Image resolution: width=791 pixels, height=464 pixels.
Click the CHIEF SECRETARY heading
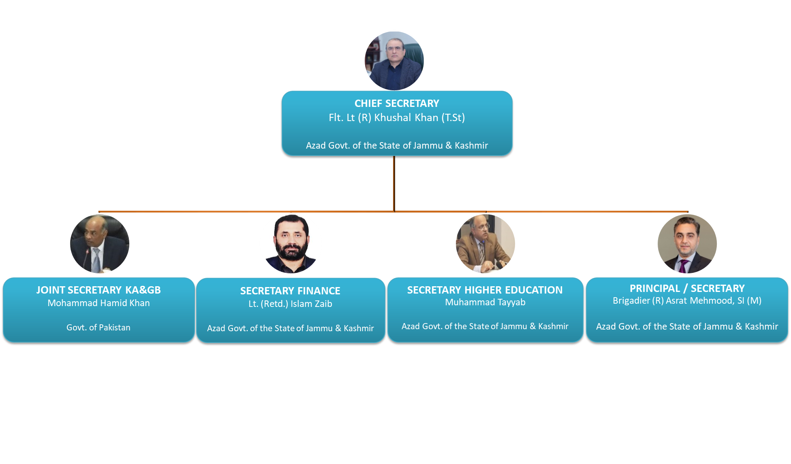tap(397, 104)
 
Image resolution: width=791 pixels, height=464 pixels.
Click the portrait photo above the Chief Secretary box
tap(394, 61)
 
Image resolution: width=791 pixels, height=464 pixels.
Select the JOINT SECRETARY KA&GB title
tap(98, 290)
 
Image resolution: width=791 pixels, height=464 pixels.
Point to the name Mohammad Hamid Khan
tap(98, 303)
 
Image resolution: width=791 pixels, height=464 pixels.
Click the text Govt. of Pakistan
tap(98, 327)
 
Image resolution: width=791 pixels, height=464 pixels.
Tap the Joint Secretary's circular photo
tap(100, 244)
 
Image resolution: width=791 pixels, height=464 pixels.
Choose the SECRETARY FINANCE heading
tap(290, 291)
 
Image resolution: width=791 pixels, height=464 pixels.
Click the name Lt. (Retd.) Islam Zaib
tap(290, 304)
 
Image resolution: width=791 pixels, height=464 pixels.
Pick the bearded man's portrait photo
tap(291, 244)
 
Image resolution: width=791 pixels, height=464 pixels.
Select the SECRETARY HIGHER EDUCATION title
tap(485, 290)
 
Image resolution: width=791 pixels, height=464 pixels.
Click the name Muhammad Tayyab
tap(485, 302)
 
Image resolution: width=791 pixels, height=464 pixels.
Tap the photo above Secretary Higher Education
tap(485, 244)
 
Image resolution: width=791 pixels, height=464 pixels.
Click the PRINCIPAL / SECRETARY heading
tap(687, 288)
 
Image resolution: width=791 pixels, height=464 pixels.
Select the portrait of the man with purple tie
tap(687, 244)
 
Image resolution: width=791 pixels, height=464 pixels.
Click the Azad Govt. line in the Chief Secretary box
tap(397, 145)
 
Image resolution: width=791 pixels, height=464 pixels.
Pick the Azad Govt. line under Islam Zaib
tap(290, 328)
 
